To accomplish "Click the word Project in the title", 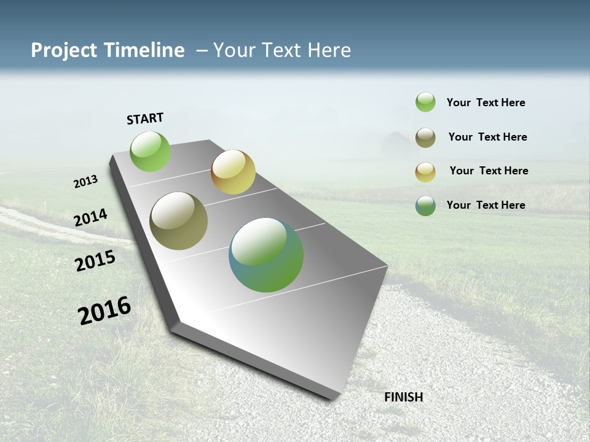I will coord(64,50).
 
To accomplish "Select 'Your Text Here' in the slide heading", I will coord(281,50).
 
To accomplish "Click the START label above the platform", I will coord(145,118).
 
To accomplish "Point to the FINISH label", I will coord(404,397).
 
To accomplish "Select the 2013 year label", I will coord(86,182).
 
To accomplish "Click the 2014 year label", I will coord(91,218).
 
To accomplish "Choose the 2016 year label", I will coord(104,310).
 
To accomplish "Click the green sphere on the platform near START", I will coord(151,152).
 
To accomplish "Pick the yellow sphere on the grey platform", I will coord(233,172).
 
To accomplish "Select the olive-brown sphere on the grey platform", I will coord(179,221).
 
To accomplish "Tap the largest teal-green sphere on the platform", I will coord(266,255).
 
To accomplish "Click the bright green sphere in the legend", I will coord(425,103).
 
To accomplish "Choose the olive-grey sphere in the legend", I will coord(425,138).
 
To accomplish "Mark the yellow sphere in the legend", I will coord(425,172).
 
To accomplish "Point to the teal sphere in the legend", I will coord(425,206).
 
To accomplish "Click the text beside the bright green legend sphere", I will coord(486,103).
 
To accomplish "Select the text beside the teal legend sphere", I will coord(486,205).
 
